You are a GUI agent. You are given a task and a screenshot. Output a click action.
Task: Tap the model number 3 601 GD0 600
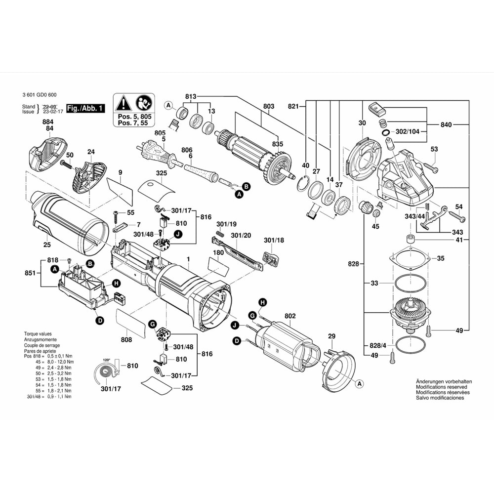[x=40, y=95]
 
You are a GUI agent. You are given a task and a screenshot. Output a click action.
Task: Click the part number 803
[x=269, y=106]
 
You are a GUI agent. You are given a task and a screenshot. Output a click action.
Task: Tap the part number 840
[x=446, y=125]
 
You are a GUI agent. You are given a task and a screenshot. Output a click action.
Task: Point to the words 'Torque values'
[x=38, y=334]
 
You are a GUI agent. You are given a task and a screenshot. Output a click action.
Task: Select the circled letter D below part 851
[x=99, y=321]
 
